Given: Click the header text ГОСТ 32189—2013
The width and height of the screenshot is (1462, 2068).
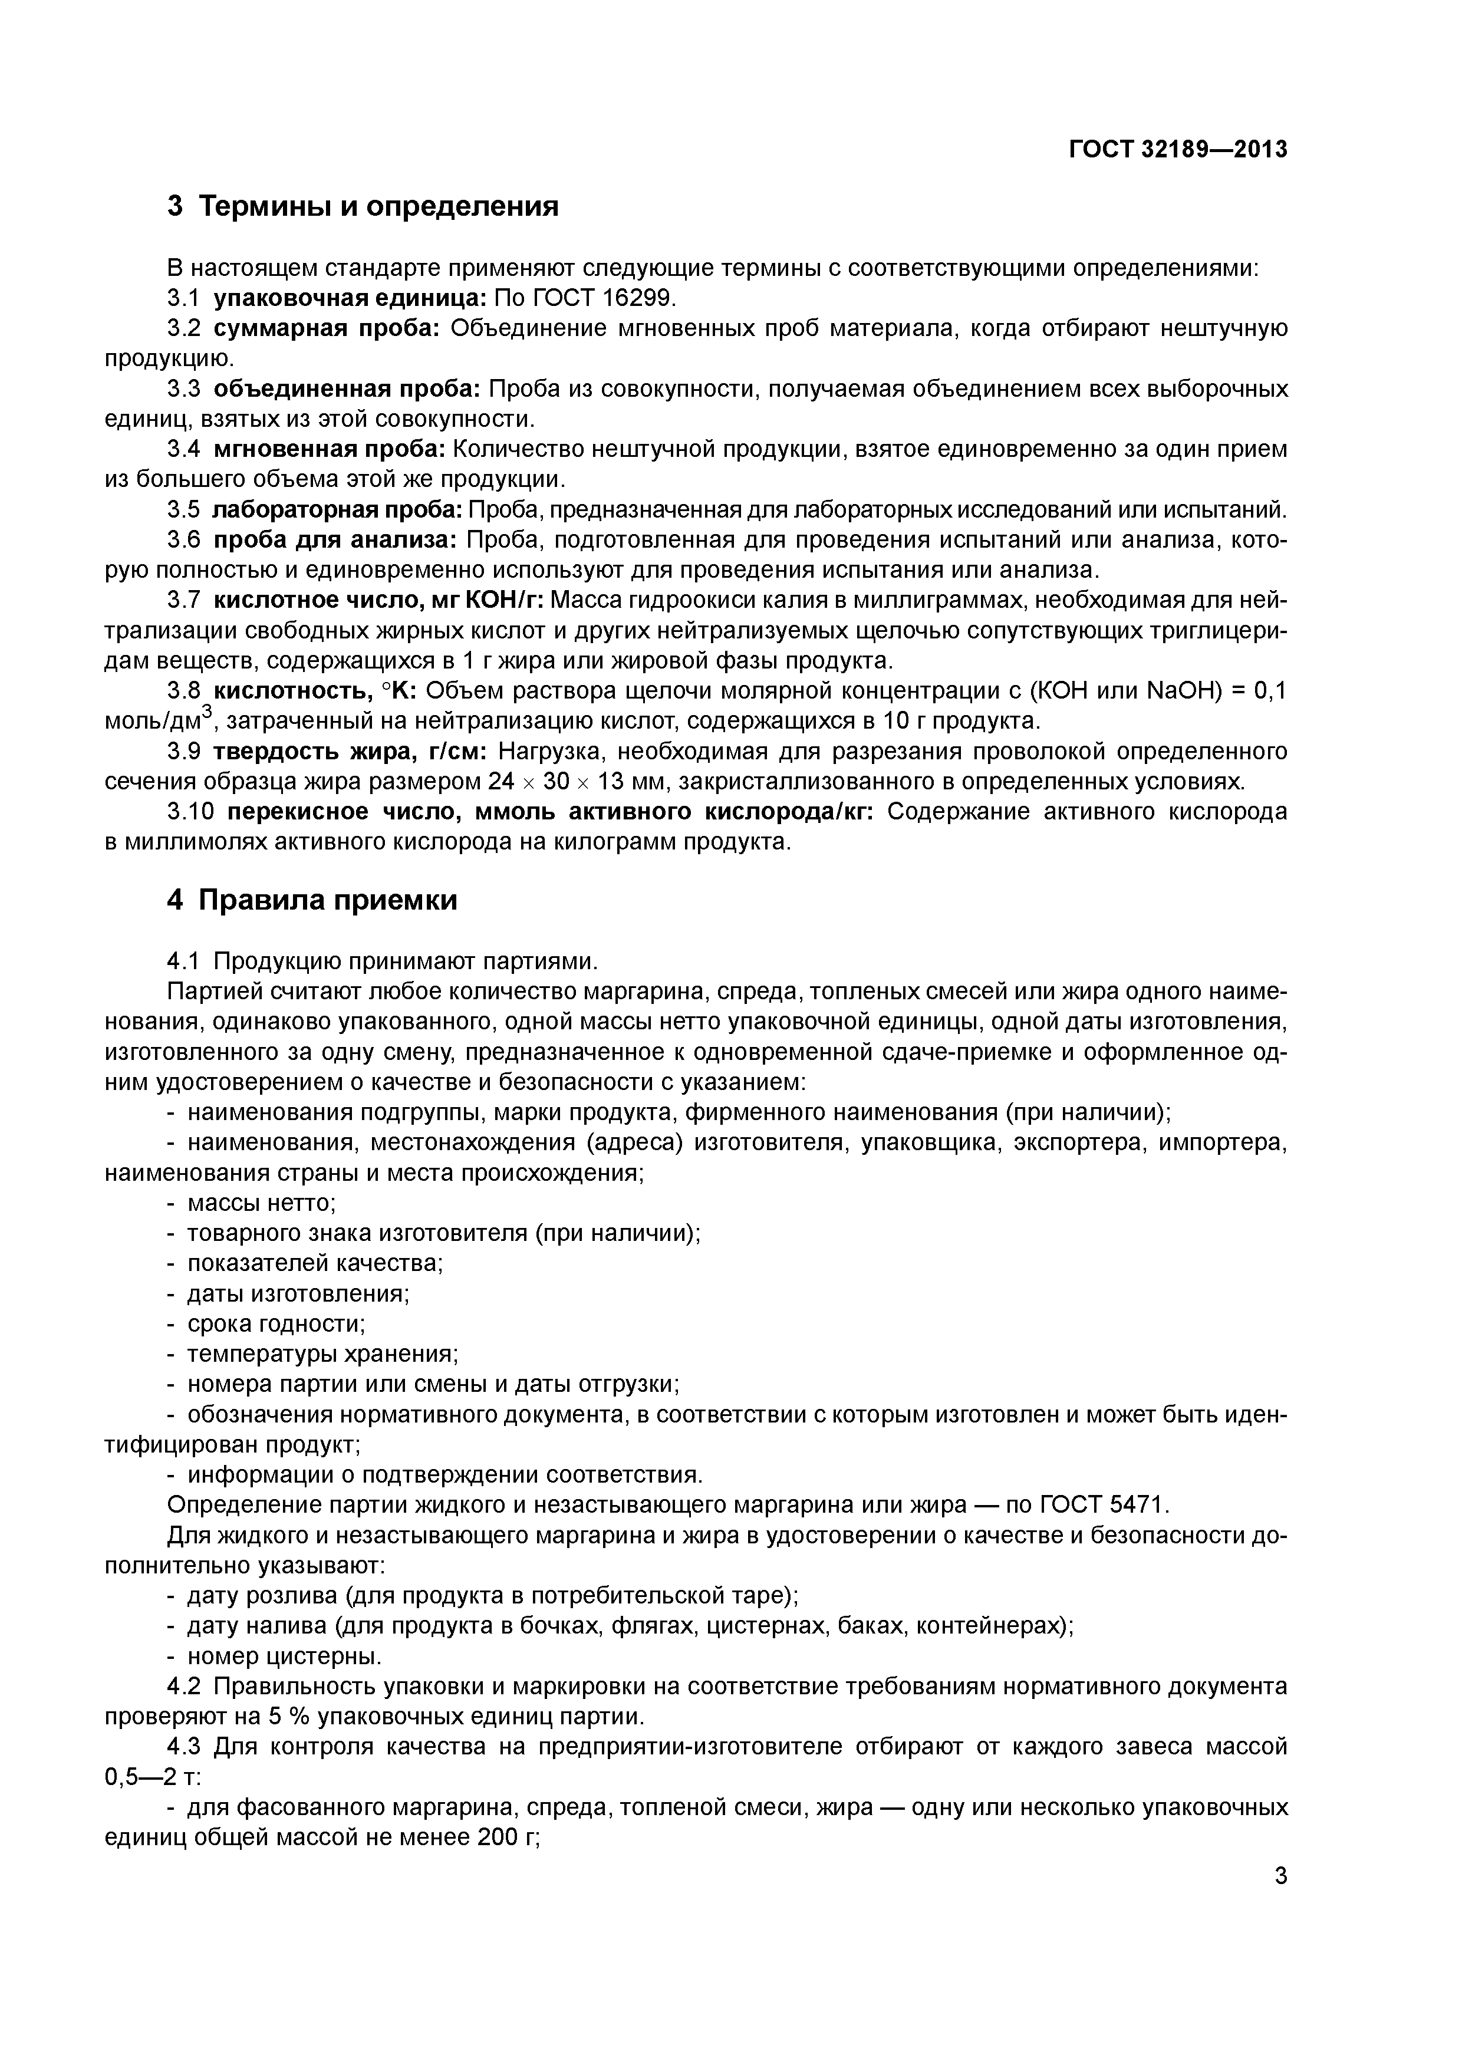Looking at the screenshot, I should [x=1177, y=149].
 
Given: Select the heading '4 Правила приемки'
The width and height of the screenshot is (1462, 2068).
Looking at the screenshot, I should [x=312, y=900].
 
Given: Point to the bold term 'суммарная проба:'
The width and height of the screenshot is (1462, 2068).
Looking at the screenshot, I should [x=326, y=328].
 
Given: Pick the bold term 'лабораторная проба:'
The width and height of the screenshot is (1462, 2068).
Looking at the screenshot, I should [x=337, y=510].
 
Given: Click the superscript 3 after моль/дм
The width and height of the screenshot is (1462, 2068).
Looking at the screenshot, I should [x=206, y=713].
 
